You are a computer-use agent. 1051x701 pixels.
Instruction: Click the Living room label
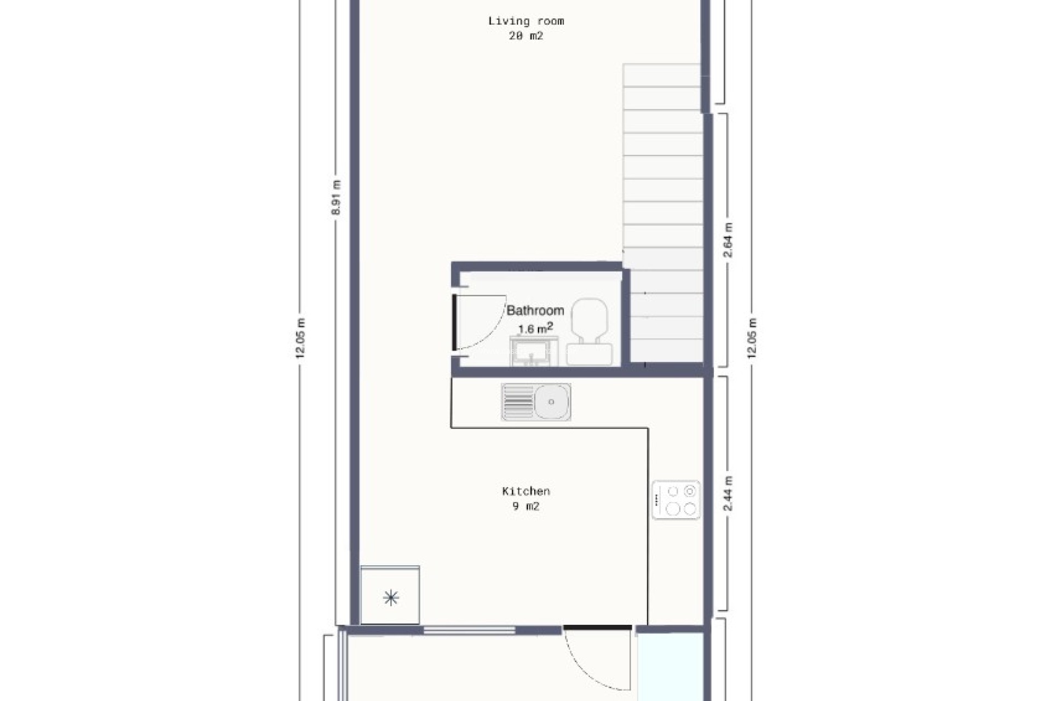[x=525, y=21]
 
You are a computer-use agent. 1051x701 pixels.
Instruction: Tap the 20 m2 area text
[x=525, y=36]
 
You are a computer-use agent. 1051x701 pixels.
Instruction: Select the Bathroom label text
[x=535, y=311]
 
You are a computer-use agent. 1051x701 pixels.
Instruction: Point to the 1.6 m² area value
[x=535, y=329]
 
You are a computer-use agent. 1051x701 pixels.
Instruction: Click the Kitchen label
[x=525, y=491]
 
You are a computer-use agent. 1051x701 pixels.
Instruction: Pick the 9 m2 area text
[x=525, y=507]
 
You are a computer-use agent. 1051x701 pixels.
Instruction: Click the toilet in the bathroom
[x=590, y=331]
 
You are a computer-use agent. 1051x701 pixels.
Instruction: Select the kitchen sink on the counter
[x=536, y=402]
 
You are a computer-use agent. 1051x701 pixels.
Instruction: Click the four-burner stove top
[x=676, y=500]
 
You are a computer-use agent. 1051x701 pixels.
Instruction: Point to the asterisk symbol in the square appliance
[x=391, y=597]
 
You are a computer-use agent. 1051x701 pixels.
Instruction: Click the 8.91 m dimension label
[x=337, y=197]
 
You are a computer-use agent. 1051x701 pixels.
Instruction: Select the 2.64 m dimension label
[x=728, y=240]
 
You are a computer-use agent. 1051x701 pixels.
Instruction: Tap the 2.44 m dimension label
[x=728, y=493]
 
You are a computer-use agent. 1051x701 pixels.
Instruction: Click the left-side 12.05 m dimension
[x=300, y=338]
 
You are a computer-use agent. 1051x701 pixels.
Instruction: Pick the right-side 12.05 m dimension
[x=752, y=338]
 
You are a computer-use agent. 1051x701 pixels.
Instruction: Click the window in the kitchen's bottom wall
[x=469, y=630]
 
